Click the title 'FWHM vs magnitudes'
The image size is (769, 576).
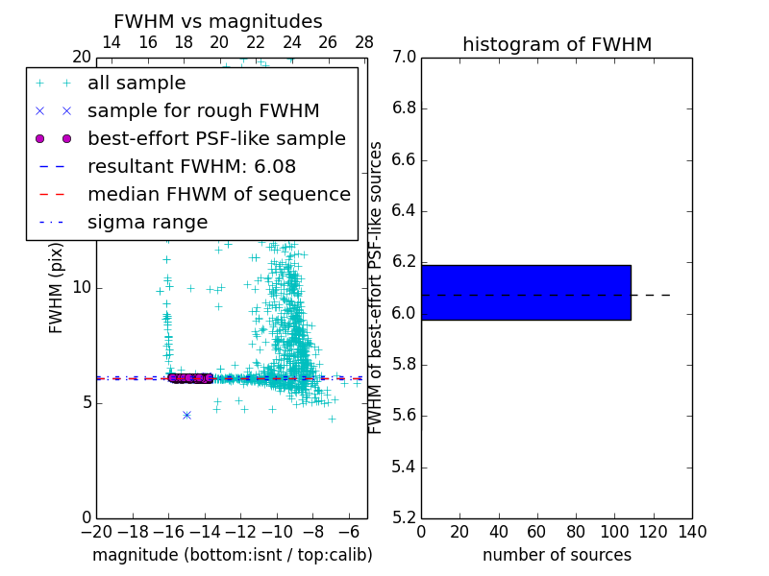(x=218, y=22)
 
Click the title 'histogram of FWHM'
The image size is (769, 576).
(x=557, y=44)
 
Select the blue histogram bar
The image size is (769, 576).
(x=526, y=292)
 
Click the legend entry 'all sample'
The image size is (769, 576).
(x=136, y=84)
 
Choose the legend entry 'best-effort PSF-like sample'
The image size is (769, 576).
(x=216, y=138)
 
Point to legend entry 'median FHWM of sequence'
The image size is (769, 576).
(x=218, y=194)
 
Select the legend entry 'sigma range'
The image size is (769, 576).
(x=147, y=222)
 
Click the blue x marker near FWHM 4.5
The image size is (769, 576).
(x=186, y=415)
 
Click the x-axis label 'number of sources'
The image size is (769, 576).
(x=557, y=555)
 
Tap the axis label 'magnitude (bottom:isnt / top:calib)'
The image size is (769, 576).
(x=232, y=555)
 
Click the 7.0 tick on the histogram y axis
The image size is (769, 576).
(x=405, y=58)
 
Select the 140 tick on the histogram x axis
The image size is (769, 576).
(x=692, y=532)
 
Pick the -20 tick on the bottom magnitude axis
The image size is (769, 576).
(x=96, y=532)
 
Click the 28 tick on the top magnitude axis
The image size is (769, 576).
(x=364, y=43)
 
